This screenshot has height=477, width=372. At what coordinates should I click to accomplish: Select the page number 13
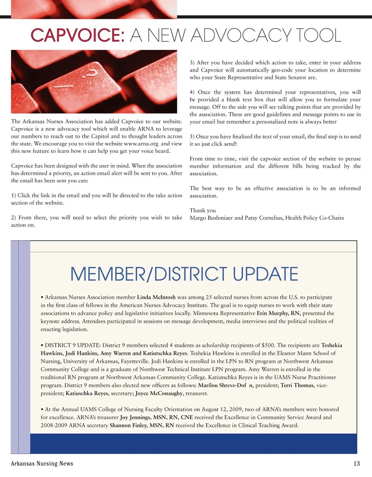coord(357,463)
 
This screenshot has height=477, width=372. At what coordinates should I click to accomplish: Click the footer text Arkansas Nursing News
coord(42,463)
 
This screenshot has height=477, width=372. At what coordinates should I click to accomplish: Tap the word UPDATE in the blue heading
coord(266,274)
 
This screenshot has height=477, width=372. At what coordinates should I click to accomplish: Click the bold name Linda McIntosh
coord(156,297)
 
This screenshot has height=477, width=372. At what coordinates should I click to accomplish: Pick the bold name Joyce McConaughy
coord(159,393)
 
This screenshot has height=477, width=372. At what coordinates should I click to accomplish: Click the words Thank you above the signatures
coord(203,211)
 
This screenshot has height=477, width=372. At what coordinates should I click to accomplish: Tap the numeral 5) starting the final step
coord(192,137)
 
